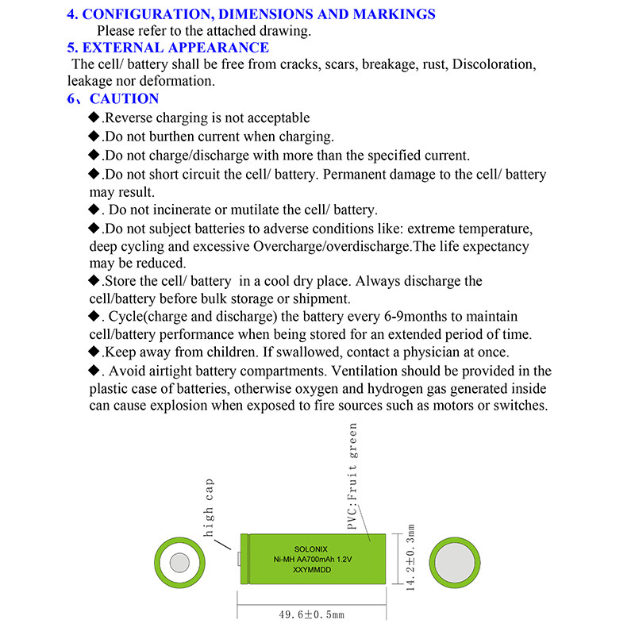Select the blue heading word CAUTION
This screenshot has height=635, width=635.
pos(125,98)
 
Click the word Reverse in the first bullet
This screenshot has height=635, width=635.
pos(129,118)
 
